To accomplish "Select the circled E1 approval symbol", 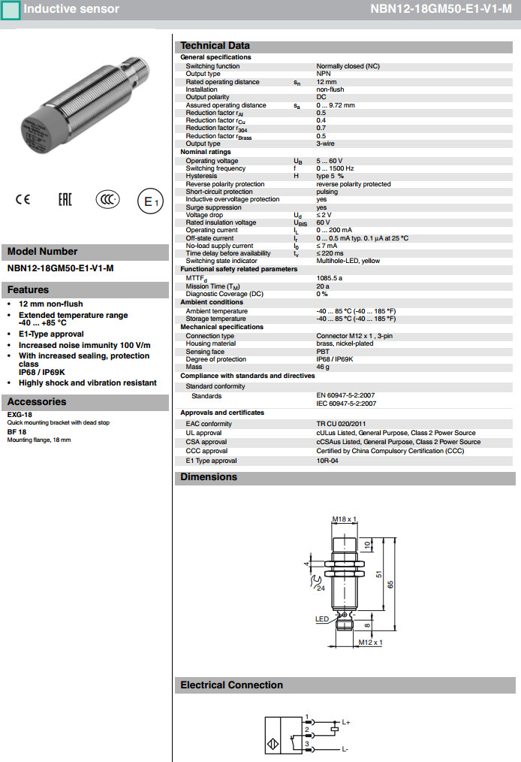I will pyautogui.click(x=149, y=201).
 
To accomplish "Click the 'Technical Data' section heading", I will pyautogui.click(x=215, y=45).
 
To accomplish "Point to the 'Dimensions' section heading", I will pyautogui.click(x=209, y=477).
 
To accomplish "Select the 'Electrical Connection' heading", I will pyautogui.click(x=231, y=685).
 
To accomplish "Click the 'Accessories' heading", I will pyautogui.click(x=37, y=402).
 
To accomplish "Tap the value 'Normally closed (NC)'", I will pyautogui.click(x=348, y=66).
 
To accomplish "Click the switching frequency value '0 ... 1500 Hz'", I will pyautogui.click(x=336, y=168).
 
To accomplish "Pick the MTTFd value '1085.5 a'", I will pyautogui.click(x=331, y=278).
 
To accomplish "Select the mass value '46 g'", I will pyautogui.click(x=324, y=367).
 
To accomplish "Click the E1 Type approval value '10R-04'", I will pyautogui.click(x=327, y=461).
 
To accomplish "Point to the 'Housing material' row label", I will pyautogui.click(x=211, y=343).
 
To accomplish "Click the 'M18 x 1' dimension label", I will pyautogui.click(x=344, y=519).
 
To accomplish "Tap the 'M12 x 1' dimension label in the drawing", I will pyautogui.click(x=369, y=643).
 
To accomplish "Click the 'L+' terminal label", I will pyautogui.click(x=346, y=722).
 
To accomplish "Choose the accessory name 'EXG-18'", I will pyautogui.click(x=20, y=415).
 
